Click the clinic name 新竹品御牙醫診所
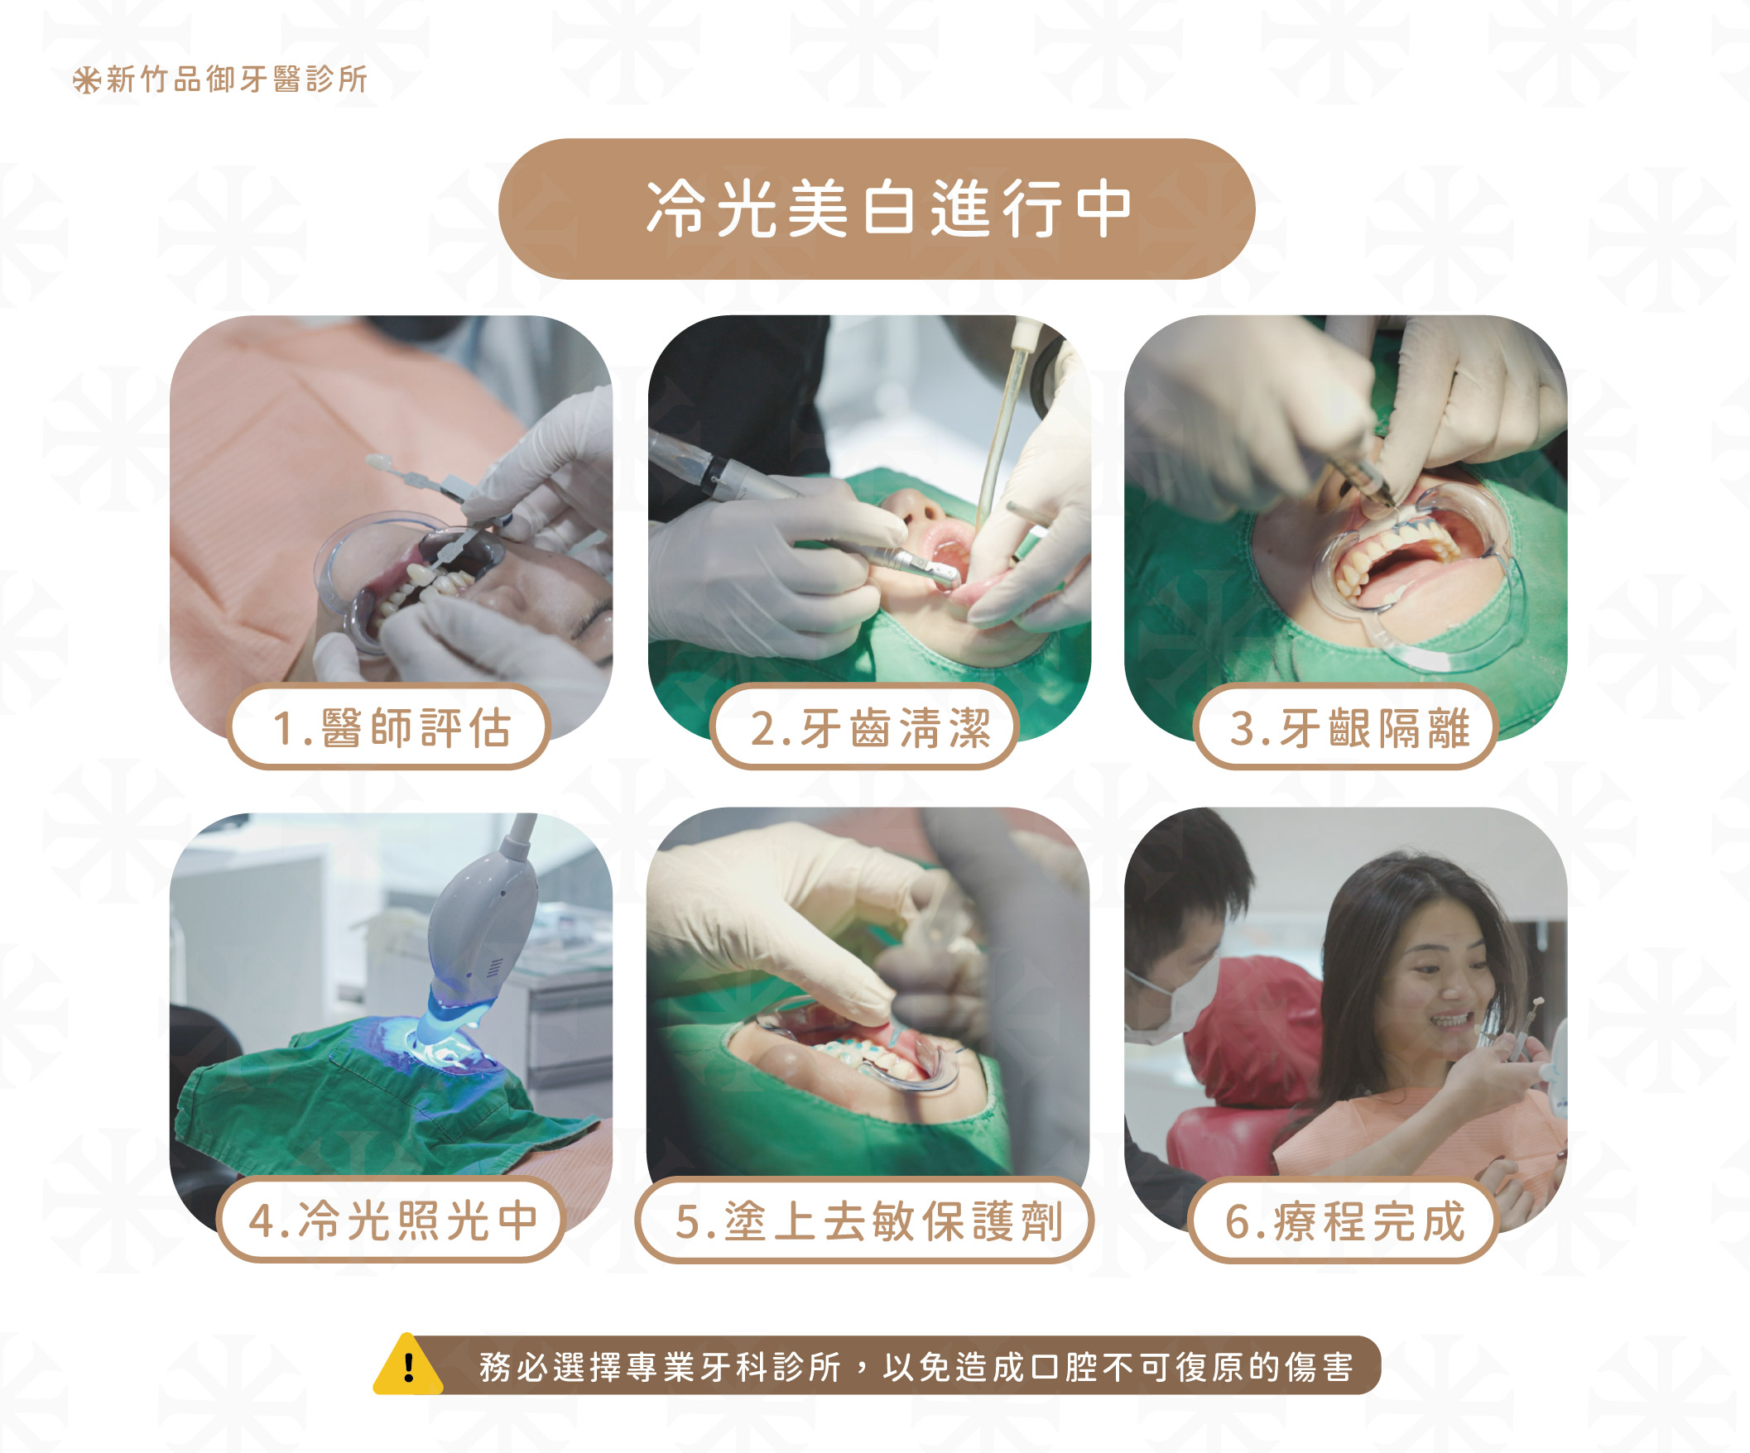(x=238, y=79)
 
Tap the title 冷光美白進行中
(x=889, y=209)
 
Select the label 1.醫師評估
(x=391, y=727)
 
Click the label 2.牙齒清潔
(x=870, y=727)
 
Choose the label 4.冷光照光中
(x=392, y=1220)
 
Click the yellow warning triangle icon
(x=407, y=1364)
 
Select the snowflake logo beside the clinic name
(x=86, y=80)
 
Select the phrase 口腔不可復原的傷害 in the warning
(x=1192, y=1367)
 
